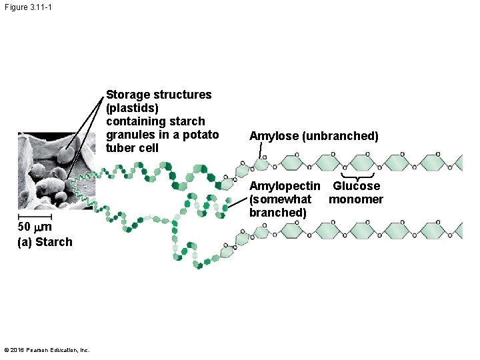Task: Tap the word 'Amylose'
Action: (x=273, y=136)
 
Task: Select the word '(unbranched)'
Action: (x=340, y=136)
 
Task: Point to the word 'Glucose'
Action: (x=357, y=186)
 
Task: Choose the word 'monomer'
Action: (x=356, y=199)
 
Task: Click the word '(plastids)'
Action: (x=132, y=108)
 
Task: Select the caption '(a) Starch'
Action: (x=45, y=242)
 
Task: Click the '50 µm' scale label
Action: (x=34, y=228)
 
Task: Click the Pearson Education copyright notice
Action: (x=47, y=350)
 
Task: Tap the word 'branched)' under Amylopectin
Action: (x=278, y=213)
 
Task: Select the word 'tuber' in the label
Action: (x=120, y=148)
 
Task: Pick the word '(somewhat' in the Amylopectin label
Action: (x=280, y=199)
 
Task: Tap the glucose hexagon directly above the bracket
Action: (x=361, y=163)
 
